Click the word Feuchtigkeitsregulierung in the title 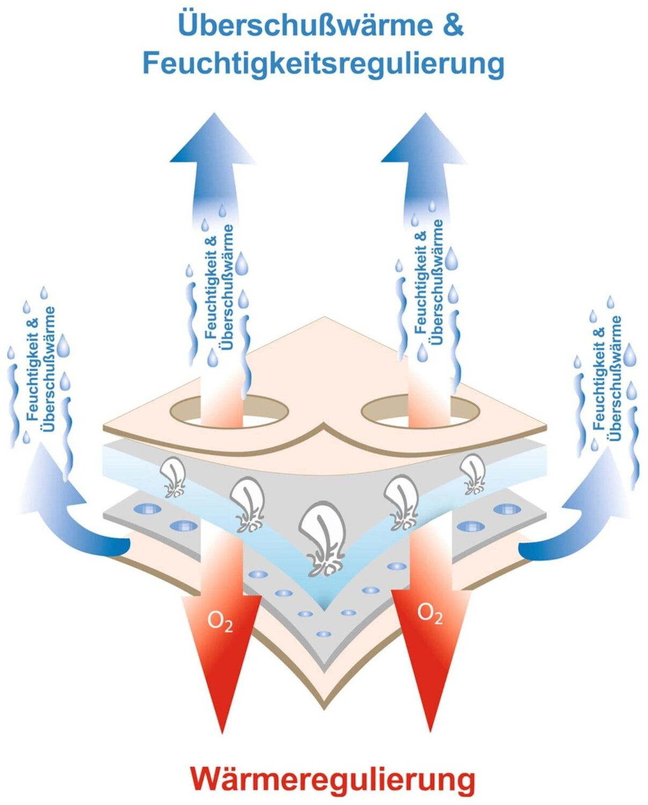pyautogui.click(x=323, y=63)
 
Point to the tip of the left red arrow pyautogui.click(x=222, y=731)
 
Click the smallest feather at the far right pyautogui.click(x=473, y=473)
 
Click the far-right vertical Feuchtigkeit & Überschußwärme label pyautogui.click(x=607, y=379)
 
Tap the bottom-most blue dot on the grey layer pyautogui.click(x=323, y=634)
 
